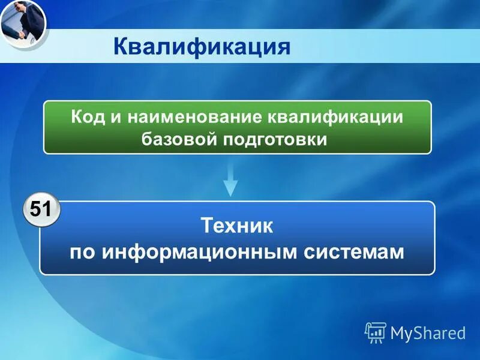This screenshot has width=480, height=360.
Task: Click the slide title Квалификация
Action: coord(202,46)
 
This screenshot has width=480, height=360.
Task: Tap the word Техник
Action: coord(237,226)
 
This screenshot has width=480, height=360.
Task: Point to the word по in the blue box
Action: coord(83,252)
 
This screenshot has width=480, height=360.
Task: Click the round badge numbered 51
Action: coord(41,210)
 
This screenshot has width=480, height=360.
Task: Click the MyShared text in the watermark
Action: coord(428,333)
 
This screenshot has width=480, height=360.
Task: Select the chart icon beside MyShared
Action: coord(376,332)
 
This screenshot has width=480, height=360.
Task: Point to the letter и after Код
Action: coord(116,117)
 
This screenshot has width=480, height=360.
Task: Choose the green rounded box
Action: coord(237,127)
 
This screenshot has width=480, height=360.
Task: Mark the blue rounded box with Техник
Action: coord(237,238)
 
